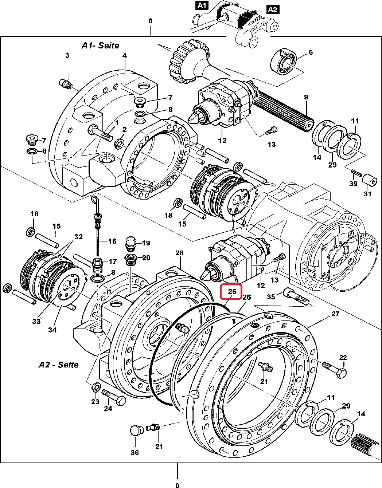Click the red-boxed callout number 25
point(232,291)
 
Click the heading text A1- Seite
point(100,46)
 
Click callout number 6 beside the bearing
point(311,52)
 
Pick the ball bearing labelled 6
point(284,61)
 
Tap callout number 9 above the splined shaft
point(306,97)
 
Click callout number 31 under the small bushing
point(368,194)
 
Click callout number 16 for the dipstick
point(112,241)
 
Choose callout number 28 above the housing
point(179,253)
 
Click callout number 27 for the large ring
point(335,314)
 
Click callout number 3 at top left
point(67,55)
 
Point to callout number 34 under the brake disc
point(52,330)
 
